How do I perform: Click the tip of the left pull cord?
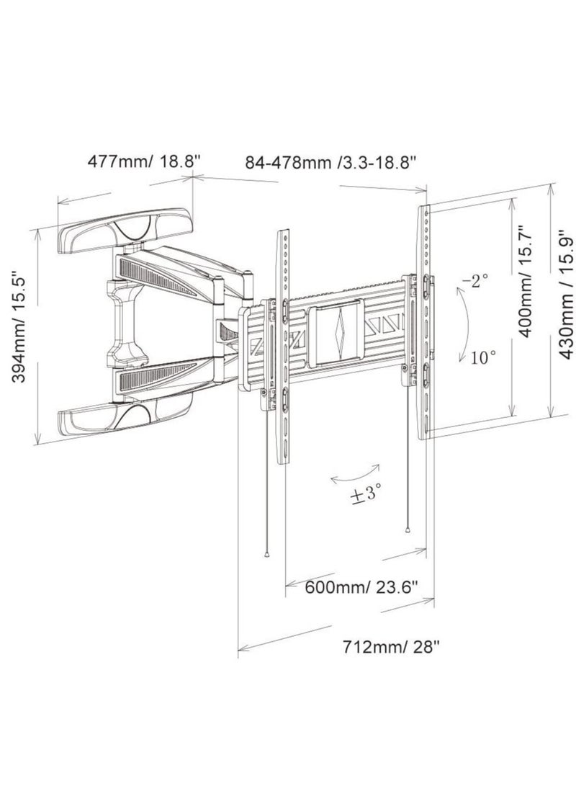click(x=268, y=555)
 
